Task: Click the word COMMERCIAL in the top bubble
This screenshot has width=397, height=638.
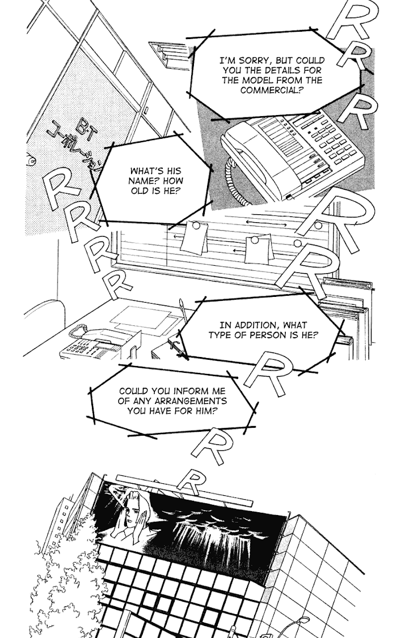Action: pyautogui.click(x=272, y=91)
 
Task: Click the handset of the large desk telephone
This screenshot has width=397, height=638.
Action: pyautogui.click(x=250, y=144)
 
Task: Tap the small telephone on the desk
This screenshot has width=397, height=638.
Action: pyautogui.click(x=94, y=343)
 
